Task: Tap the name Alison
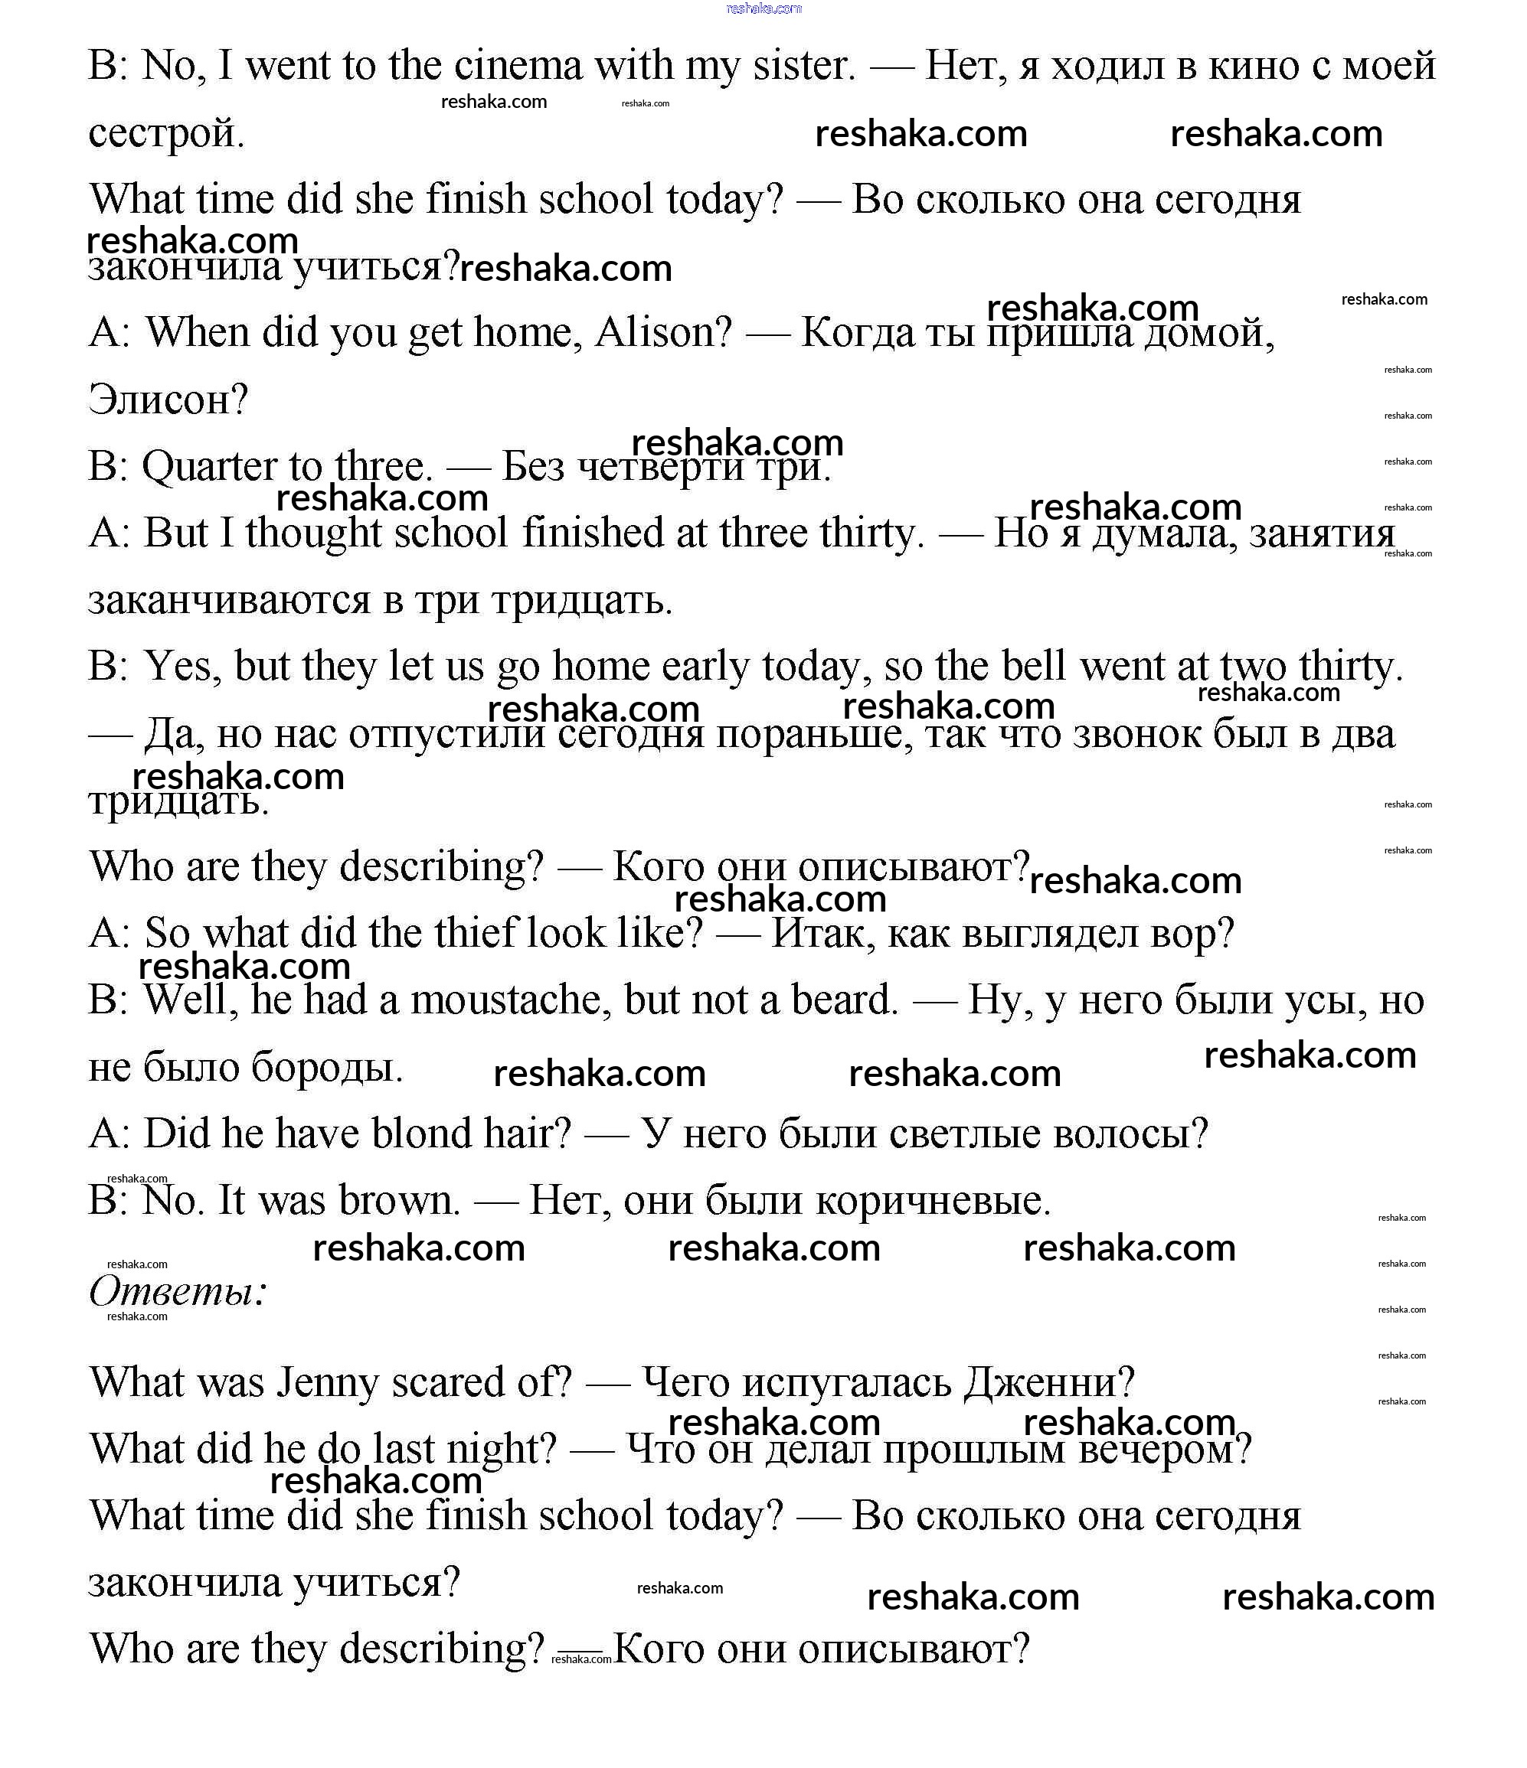click(x=662, y=333)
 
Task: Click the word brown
click(x=399, y=1201)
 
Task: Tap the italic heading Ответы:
click(x=178, y=1291)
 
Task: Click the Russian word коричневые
click(x=933, y=1201)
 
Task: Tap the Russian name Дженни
click(x=1049, y=1383)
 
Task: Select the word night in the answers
click(x=509, y=1450)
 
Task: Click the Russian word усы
click(x=1313, y=1000)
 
